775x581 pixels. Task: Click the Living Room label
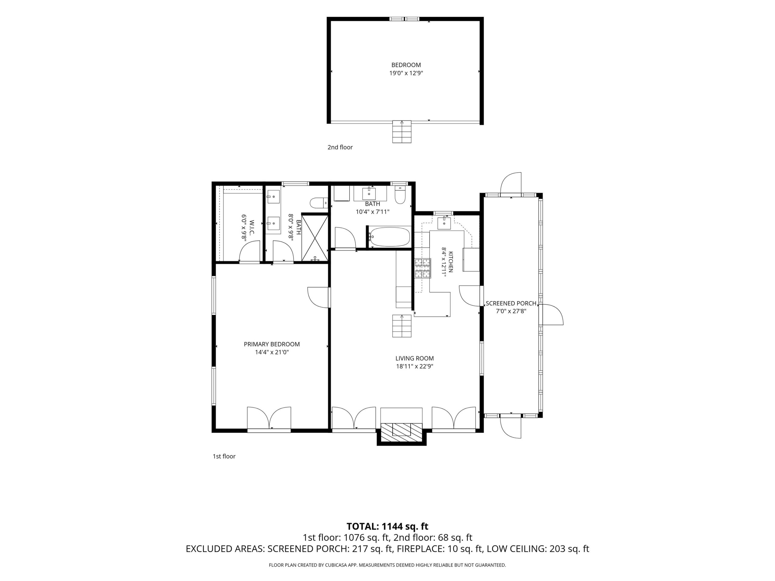click(x=414, y=358)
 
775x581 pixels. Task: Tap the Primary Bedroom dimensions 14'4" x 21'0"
click(x=272, y=352)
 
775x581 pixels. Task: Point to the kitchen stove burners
click(x=423, y=268)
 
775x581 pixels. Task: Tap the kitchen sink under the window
click(x=444, y=223)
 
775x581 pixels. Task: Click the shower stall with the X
click(x=315, y=238)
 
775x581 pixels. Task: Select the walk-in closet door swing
click(x=249, y=251)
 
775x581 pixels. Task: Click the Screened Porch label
click(x=511, y=303)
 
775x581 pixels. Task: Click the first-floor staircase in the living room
click(x=401, y=326)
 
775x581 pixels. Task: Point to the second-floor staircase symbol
click(x=401, y=132)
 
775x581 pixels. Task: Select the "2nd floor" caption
click(x=340, y=147)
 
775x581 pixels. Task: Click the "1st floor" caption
click(x=224, y=456)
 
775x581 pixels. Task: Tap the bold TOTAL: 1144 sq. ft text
click(x=387, y=526)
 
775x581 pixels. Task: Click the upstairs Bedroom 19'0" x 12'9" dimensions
click(x=406, y=73)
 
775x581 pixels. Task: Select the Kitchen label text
click(x=451, y=262)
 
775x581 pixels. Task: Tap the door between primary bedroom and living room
click(x=319, y=298)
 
